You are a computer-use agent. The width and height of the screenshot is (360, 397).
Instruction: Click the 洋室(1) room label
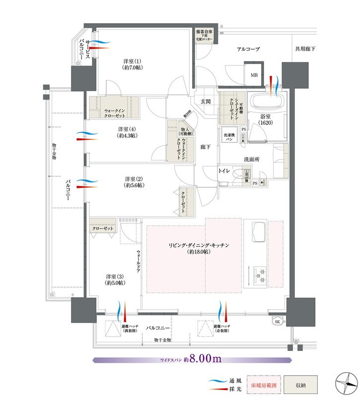(131, 64)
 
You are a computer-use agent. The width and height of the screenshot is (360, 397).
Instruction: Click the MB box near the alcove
(254, 75)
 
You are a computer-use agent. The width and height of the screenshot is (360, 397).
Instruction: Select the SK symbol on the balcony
(276, 322)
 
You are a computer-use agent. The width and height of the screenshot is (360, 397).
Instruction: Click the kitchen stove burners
(260, 272)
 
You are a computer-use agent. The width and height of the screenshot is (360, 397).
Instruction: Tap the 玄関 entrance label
(206, 102)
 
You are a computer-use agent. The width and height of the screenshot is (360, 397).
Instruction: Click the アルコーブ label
(248, 49)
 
